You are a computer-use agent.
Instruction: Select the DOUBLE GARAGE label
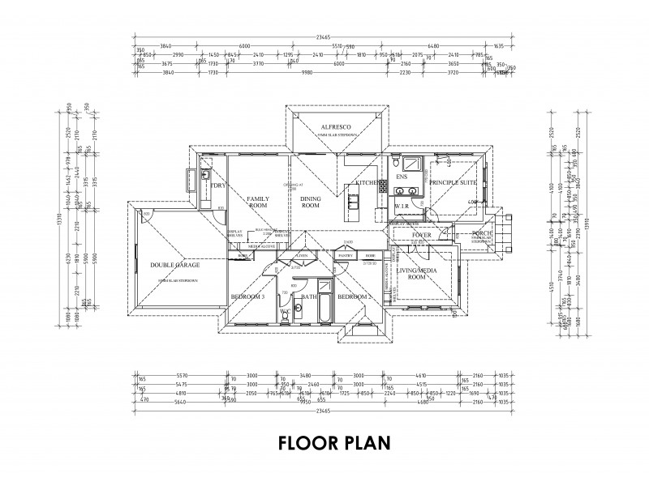174,265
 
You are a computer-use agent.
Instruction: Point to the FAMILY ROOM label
258,202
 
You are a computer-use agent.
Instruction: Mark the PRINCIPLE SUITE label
452,183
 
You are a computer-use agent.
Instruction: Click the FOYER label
421,235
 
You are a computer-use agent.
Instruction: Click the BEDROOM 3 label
247,297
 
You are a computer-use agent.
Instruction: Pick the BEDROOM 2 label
354,297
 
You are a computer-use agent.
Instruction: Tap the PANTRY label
343,254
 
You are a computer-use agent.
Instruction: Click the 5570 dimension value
182,376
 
